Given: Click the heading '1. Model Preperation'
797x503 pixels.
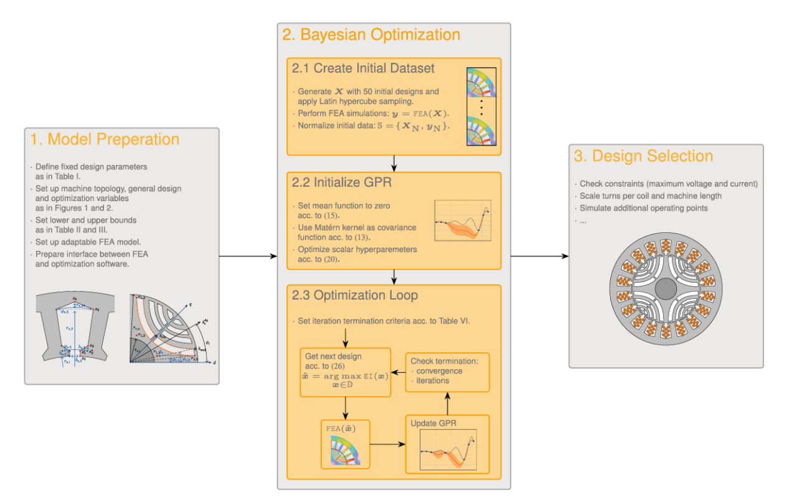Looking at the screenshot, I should (x=105, y=139).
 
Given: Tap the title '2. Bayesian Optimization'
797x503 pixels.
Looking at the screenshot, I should (x=371, y=34).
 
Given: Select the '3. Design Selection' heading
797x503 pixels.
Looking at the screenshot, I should (x=644, y=156).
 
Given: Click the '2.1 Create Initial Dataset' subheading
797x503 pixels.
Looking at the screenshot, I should (x=364, y=68).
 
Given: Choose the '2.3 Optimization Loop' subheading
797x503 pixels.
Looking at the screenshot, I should (x=355, y=295).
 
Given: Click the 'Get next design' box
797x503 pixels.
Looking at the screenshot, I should (x=345, y=372).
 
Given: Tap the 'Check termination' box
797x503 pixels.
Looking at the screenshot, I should (x=447, y=372).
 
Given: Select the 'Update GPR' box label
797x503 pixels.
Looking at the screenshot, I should (x=433, y=424).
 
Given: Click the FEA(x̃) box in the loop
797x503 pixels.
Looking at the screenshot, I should (x=345, y=444).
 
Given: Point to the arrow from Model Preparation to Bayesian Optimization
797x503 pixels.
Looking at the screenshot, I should (x=248, y=256).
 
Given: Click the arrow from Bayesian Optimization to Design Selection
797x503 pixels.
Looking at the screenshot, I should (x=539, y=256).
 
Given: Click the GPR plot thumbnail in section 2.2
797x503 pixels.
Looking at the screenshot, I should (x=463, y=220).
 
